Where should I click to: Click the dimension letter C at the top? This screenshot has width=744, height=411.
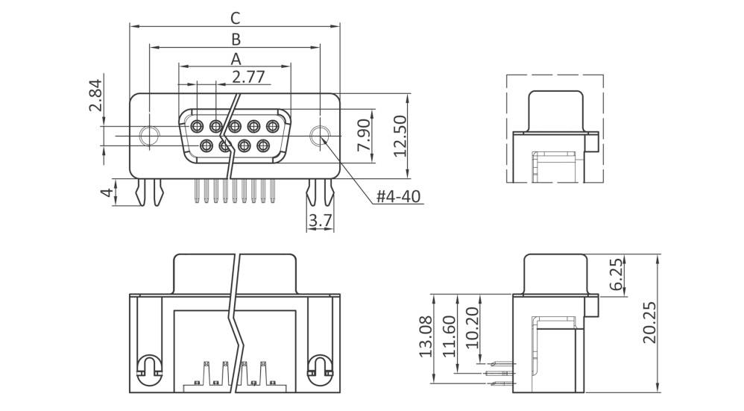[x=236, y=17]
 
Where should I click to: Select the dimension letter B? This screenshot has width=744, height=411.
[x=236, y=38]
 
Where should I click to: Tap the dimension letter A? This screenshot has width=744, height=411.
[x=236, y=57]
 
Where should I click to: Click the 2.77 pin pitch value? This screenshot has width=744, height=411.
[x=248, y=76]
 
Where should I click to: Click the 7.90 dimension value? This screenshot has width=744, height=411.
[x=363, y=135]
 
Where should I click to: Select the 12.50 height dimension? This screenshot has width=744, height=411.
[x=400, y=136]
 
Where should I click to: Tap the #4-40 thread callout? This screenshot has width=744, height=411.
[x=398, y=197]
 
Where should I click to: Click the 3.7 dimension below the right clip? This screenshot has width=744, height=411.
[x=320, y=220]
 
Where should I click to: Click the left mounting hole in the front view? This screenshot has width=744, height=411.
[x=150, y=136]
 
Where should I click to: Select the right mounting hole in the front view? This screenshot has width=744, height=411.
[x=321, y=136]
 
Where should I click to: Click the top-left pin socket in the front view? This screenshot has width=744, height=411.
[x=198, y=125]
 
